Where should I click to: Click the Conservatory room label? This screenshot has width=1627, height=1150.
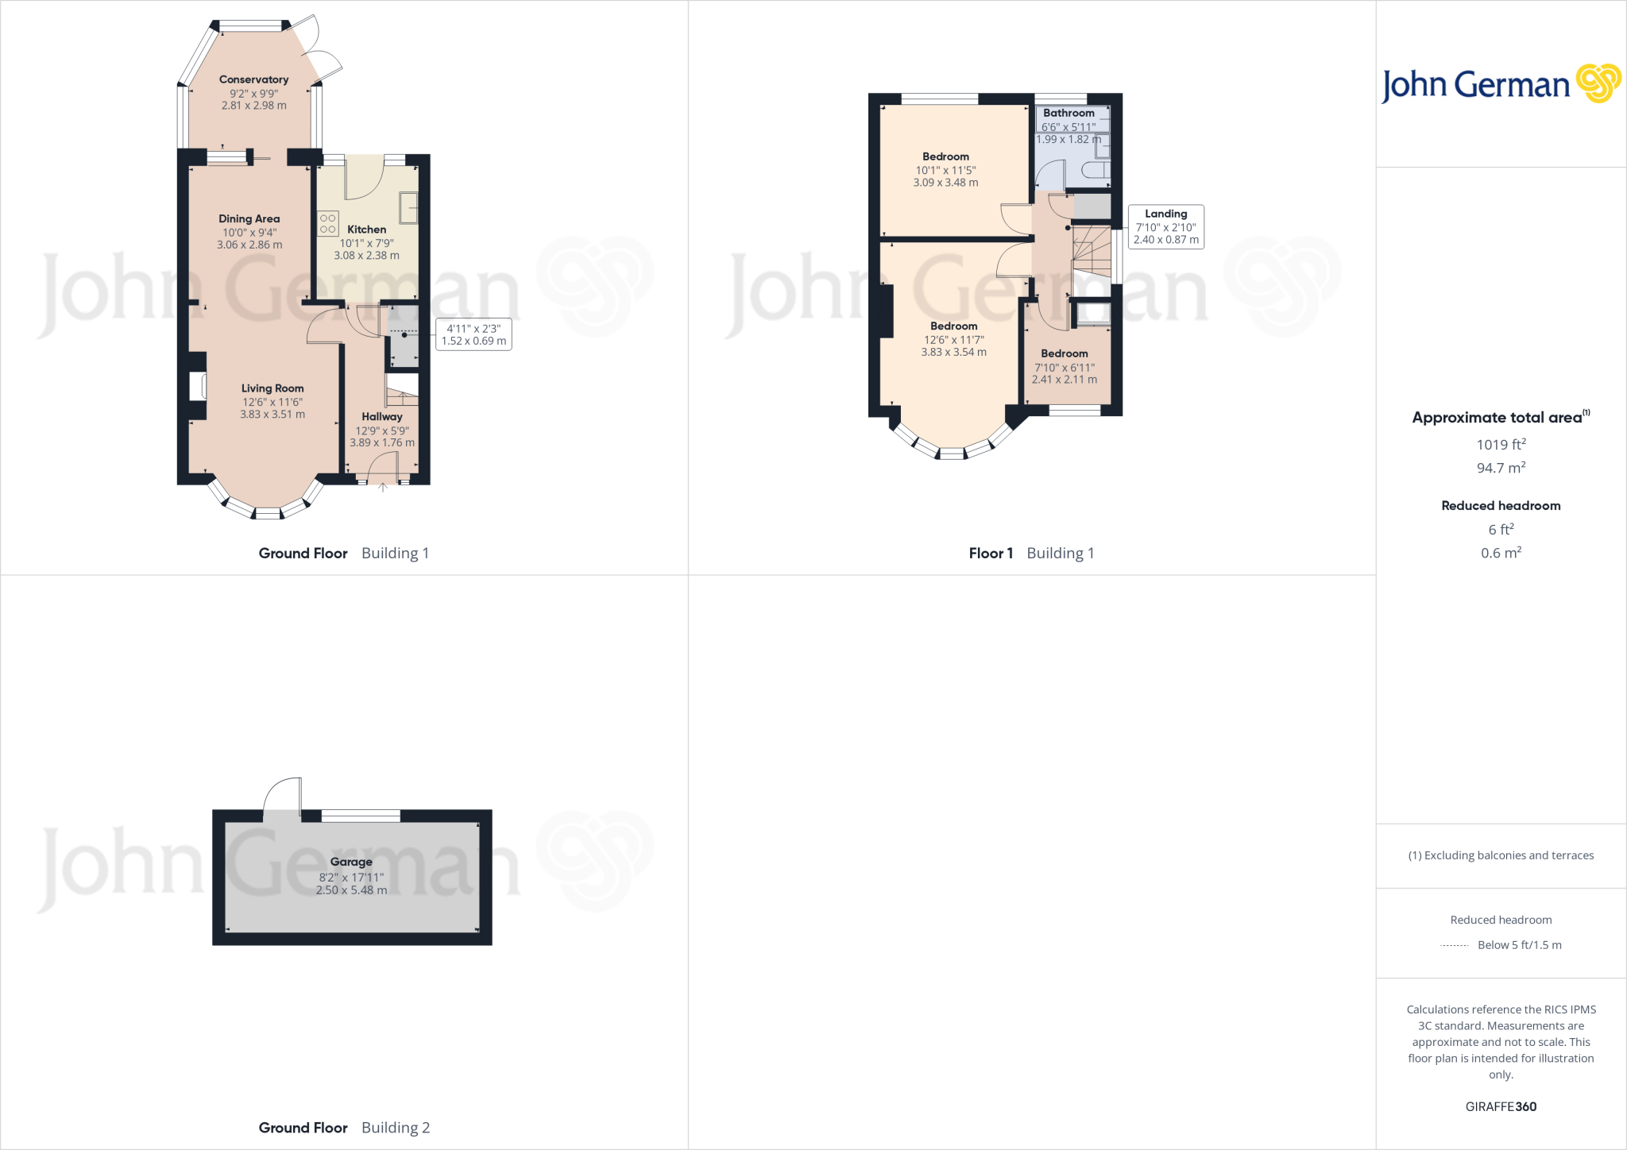tap(253, 79)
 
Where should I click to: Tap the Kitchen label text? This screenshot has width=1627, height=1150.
tap(366, 230)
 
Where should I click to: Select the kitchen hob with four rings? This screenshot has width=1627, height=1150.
tap(328, 223)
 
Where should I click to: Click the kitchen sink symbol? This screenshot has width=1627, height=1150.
tap(408, 207)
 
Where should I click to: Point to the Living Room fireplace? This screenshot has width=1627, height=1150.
tap(198, 387)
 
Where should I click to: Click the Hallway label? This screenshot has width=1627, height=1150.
tap(382, 417)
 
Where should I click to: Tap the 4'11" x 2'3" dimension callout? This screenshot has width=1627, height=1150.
tap(473, 334)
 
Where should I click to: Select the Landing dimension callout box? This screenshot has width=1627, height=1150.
tap(1165, 227)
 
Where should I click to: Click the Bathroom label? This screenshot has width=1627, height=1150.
tap(1069, 114)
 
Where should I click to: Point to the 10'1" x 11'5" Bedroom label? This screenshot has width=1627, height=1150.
tap(945, 157)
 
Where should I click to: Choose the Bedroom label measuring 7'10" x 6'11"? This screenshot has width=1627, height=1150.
tap(1065, 354)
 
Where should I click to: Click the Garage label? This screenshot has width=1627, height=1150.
tap(351, 862)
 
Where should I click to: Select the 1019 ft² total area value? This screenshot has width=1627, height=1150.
tap(1501, 445)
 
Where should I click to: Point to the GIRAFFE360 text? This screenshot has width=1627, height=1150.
tap(1501, 1106)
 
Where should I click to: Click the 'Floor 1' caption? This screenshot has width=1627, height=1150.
tap(991, 554)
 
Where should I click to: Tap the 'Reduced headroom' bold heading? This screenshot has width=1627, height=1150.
tap(1501, 506)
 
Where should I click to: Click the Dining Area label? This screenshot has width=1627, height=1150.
tap(249, 219)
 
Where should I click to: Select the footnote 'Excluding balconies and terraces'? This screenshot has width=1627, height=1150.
tap(1501, 855)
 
